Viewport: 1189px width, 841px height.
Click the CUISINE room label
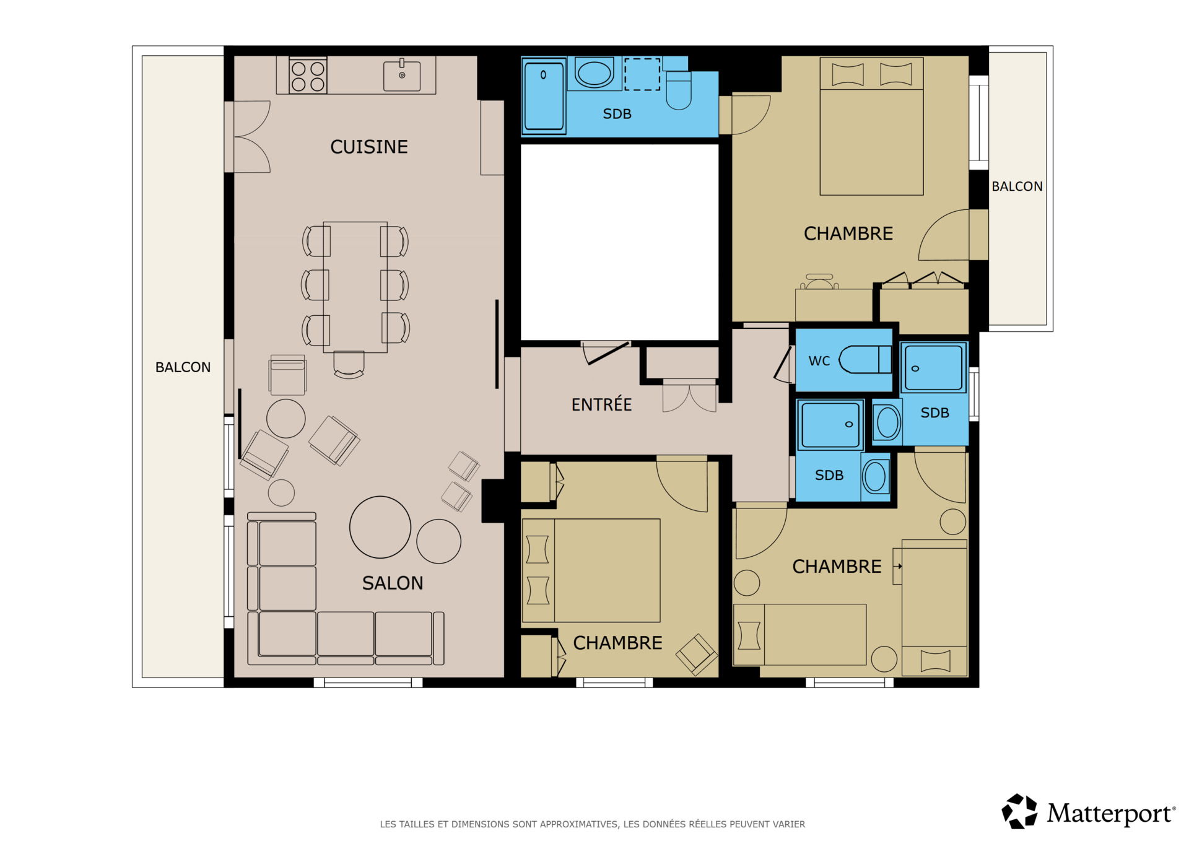pos(368,147)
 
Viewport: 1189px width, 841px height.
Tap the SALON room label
pos(393,583)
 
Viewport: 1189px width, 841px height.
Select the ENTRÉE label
pos(601,404)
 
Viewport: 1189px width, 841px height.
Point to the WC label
pos(819,361)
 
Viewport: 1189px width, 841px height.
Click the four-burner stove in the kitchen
pos(308,76)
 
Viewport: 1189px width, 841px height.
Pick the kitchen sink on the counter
pos(402,76)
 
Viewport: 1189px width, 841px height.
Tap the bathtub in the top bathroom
pos(544,96)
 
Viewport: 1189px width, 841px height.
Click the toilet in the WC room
pos(865,360)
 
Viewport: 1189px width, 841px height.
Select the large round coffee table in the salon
pos(380,527)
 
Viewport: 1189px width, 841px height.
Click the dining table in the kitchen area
pos(355,287)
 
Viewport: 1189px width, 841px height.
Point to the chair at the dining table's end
pos(349,364)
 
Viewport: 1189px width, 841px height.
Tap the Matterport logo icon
pos(1019,811)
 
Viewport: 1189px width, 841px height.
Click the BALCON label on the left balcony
pos(183,367)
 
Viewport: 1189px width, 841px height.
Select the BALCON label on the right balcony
pos(1017,186)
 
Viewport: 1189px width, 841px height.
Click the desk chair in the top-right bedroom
pos(819,282)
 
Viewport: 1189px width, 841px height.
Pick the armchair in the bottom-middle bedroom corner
pos(697,654)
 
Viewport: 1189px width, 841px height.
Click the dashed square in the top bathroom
pos(642,74)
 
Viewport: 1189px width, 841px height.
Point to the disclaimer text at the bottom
pos(593,824)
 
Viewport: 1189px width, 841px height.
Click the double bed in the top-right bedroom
pos(871,126)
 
